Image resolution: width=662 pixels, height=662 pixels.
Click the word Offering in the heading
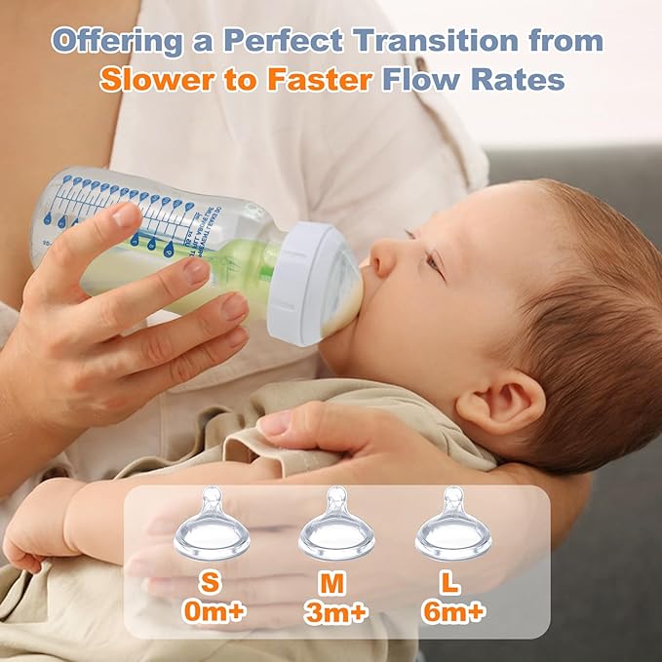click(x=118, y=42)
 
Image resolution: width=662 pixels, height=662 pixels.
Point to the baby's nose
click(x=383, y=256)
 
